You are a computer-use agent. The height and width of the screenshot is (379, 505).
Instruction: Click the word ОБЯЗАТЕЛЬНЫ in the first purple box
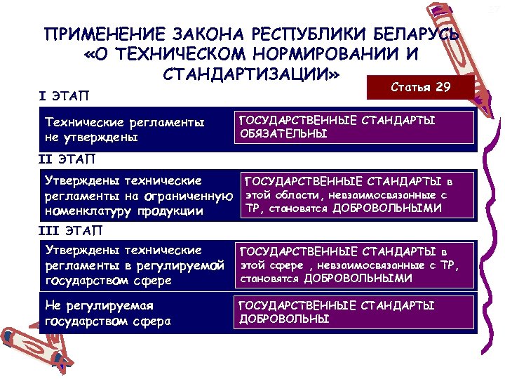(x=283, y=133)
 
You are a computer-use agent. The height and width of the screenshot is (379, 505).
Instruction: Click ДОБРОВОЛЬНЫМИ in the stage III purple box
(x=358, y=279)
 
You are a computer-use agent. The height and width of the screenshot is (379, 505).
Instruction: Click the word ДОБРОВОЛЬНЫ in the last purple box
(x=284, y=319)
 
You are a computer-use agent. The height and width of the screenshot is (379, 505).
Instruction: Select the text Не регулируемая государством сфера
(x=108, y=314)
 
